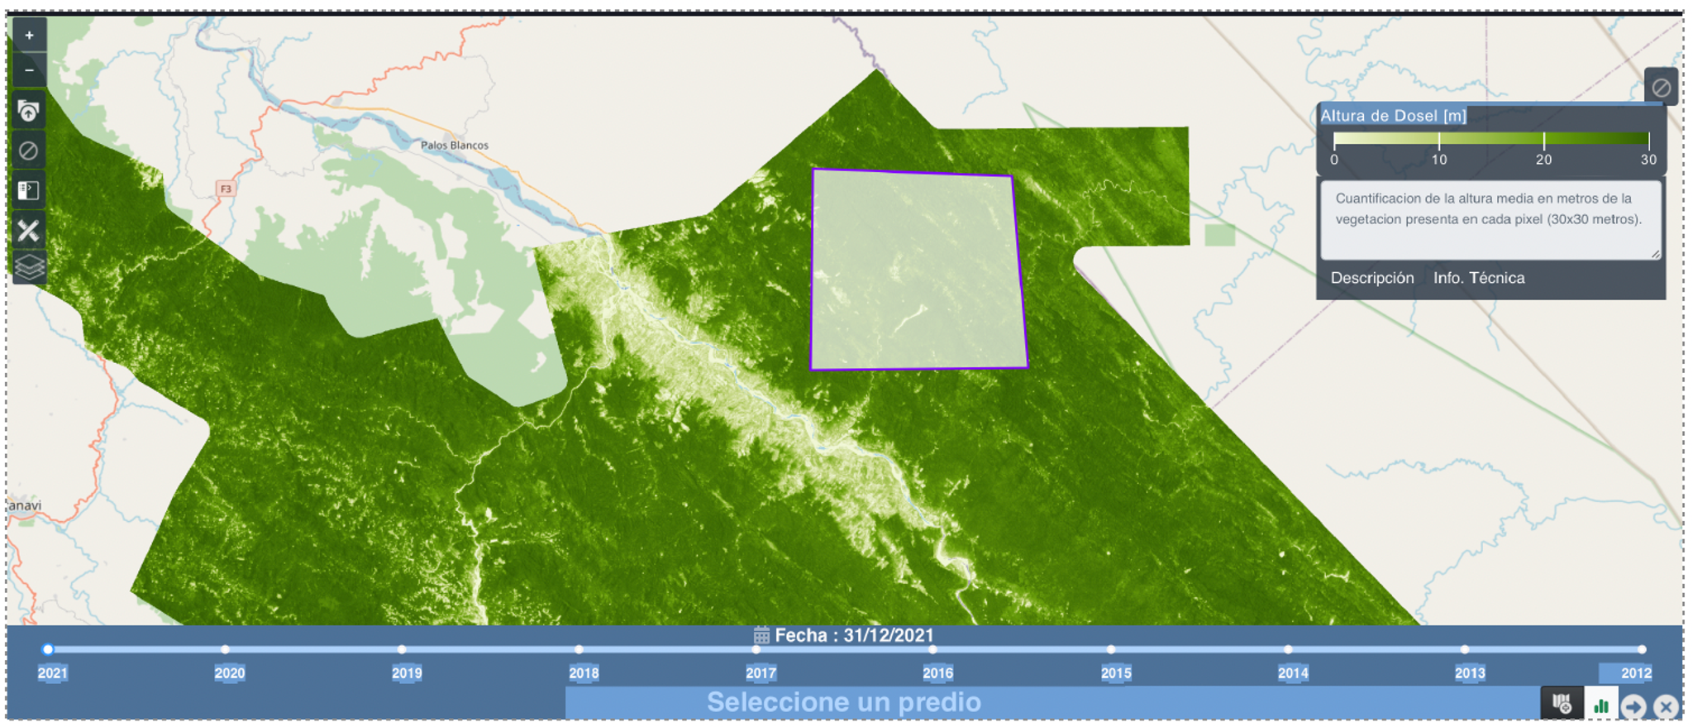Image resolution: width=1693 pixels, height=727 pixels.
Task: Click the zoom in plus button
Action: tap(29, 36)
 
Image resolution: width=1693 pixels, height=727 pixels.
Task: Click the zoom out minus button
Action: tap(29, 70)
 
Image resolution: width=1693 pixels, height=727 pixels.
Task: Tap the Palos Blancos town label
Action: tap(454, 146)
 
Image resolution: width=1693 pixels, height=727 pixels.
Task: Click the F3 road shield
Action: tap(226, 189)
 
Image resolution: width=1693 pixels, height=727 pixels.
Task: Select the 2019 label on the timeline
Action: tap(407, 673)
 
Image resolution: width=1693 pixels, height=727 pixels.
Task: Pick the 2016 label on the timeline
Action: tap(937, 673)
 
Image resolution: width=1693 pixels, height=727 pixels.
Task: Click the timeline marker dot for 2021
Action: tap(48, 649)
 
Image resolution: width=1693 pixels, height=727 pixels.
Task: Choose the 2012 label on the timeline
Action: tap(1635, 673)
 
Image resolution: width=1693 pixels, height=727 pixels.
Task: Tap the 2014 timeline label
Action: tap(1293, 673)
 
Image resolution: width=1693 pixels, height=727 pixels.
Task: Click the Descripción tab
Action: tap(1372, 278)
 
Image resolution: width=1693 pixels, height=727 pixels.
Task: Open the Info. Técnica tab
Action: tap(1479, 278)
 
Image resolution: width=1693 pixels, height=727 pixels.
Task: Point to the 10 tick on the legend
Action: tap(1439, 160)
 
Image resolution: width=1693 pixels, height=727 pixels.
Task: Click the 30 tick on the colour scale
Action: tap(1648, 160)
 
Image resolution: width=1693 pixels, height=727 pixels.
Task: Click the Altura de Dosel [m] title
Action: tap(1393, 116)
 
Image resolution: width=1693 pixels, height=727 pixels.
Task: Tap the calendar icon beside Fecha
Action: tap(761, 636)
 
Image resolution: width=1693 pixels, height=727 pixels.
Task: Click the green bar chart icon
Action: tap(1601, 705)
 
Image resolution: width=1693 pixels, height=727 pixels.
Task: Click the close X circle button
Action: tap(1666, 706)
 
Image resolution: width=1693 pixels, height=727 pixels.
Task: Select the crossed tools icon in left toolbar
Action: tap(28, 231)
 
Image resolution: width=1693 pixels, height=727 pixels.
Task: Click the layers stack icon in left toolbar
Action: tap(28, 267)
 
